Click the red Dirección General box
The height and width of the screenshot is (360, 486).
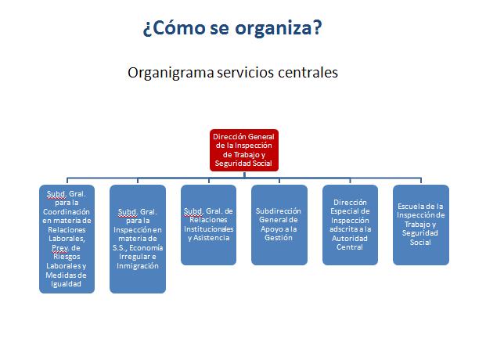point(244,150)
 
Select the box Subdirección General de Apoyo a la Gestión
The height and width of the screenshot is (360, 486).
point(279,225)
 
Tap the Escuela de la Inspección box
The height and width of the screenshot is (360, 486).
point(421,225)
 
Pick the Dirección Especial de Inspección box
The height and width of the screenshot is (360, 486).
point(350,225)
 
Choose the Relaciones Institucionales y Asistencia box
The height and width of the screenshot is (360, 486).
point(208,225)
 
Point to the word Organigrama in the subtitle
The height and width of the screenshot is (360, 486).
point(171,73)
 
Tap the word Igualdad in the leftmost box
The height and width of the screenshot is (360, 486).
point(66,284)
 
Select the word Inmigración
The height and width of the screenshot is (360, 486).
point(137,266)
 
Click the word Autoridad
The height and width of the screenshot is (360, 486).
point(350,239)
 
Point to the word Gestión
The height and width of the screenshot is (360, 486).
point(279,238)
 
